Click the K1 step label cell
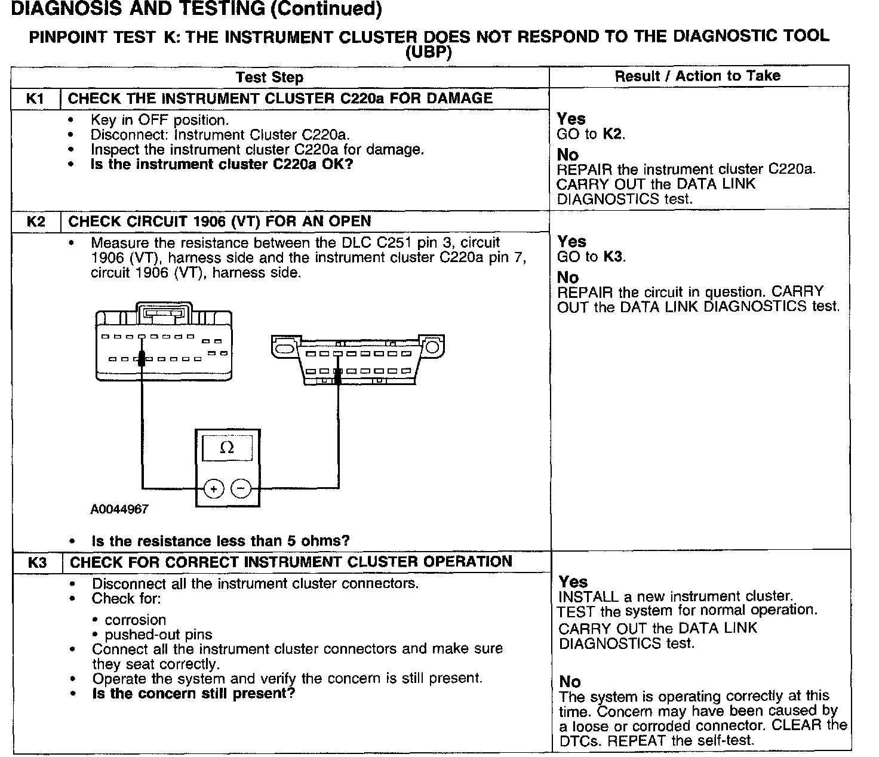point(36,99)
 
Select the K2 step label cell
point(36,221)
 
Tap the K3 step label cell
point(37,562)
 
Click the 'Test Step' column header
point(269,78)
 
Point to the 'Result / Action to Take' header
point(697,76)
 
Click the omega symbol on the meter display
point(227,447)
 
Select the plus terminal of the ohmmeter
point(214,489)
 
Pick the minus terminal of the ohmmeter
point(241,489)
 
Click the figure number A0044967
point(119,509)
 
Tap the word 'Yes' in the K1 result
point(571,119)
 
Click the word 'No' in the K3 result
point(570,681)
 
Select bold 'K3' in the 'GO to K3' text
point(613,257)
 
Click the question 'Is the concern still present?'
point(193,694)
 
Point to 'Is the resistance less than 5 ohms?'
point(220,541)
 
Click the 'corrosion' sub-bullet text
point(135,620)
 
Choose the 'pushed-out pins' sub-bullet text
point(158,635)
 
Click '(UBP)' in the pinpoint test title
point(429,53)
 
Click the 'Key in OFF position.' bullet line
point(160,120)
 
